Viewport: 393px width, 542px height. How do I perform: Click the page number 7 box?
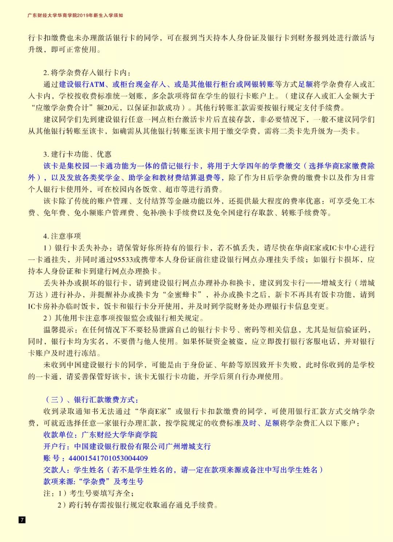point(22,519)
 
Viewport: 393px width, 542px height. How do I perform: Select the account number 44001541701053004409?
point(108,458)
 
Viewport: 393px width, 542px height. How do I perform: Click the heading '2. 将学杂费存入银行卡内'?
point(87,73)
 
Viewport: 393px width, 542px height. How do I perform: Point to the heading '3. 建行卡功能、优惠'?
point(77,154)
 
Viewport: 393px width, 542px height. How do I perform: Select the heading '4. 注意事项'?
point(62,236)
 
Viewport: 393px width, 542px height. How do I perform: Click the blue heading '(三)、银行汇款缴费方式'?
point(91,400)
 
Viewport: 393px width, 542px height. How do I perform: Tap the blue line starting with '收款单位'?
point(100,435)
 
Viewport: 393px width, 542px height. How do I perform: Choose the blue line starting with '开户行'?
point(127,446)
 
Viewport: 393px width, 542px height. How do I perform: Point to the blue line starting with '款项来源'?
point(93,481)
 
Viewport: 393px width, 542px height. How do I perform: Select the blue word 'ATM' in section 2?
point(97,84)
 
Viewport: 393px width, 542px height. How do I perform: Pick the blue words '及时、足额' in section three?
point(261,423)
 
